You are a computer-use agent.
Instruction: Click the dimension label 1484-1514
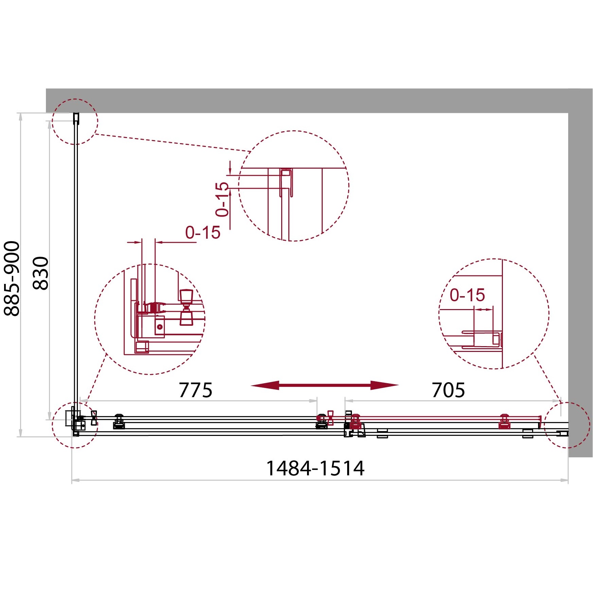tap(315, 468)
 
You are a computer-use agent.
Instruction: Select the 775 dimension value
tap(196, 390)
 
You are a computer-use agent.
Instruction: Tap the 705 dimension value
tap(448, 390)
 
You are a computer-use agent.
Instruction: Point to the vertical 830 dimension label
tap(41, 273)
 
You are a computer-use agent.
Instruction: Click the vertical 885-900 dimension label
tap(12, 278)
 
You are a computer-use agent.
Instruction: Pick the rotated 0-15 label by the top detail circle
tap(222, 199)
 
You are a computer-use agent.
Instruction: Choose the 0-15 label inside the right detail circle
tap(467, 295)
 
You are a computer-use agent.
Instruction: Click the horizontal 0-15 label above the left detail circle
tap(203, 233)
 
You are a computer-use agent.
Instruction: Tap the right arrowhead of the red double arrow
tap(385, 385)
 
